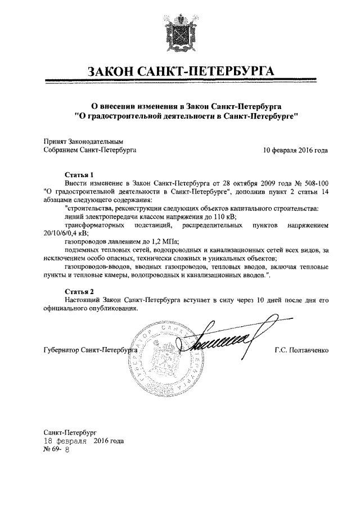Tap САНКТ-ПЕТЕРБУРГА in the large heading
[211, 73]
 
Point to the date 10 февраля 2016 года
[296, 151]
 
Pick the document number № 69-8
[56, 450]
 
